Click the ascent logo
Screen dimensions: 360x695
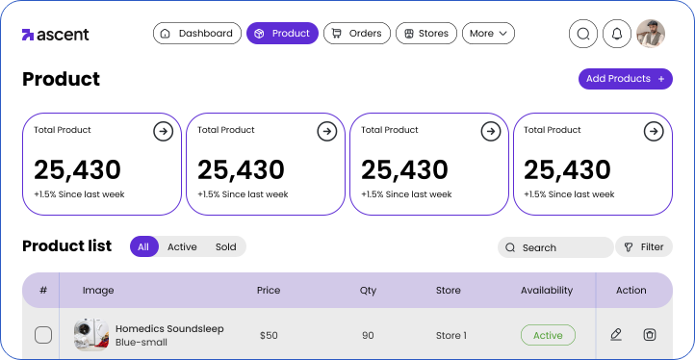[x=56, y=35]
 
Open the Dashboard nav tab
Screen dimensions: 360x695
[x=196, y=34]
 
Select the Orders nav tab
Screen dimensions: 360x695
[x=356, y=34]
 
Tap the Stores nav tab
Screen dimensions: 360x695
[x=425, y=34]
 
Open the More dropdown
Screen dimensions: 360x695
[x=489, y=34]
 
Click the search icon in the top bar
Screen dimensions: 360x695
[x=582, y=35]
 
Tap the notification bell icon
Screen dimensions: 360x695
[x=617, y=35]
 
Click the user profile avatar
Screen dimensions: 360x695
[x=651, y=35]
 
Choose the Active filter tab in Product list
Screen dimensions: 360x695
[x=182, y=247]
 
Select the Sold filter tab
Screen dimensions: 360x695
[x=226, y=247]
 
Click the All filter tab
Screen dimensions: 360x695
[x=143, y=247]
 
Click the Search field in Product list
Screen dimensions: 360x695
[x=555, y=247]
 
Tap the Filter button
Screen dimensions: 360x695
[x=644, y=247]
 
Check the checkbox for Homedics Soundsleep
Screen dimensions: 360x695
[x=43, y=335]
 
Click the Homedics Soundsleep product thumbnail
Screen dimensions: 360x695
[x=90, y=335]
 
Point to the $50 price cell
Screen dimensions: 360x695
[x=269, y=336]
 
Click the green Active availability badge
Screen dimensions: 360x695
[x=548, y=336]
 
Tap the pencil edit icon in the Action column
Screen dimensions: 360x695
[x=616, y=335]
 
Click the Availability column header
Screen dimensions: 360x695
[x=547, y=290]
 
